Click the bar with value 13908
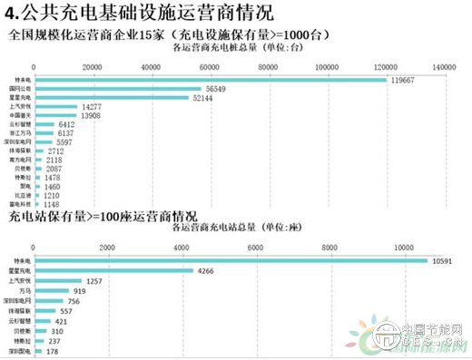click(54, 117)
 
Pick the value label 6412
click(70, 125)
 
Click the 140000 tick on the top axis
click(443, 68)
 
